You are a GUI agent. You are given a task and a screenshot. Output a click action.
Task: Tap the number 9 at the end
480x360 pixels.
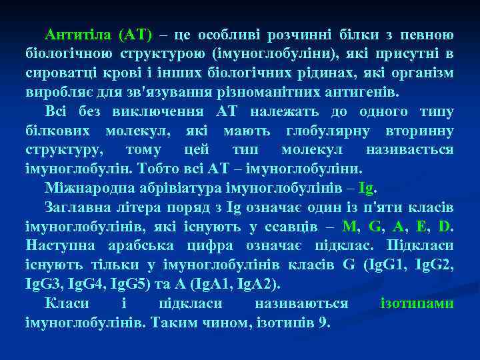(x=325, y=322)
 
